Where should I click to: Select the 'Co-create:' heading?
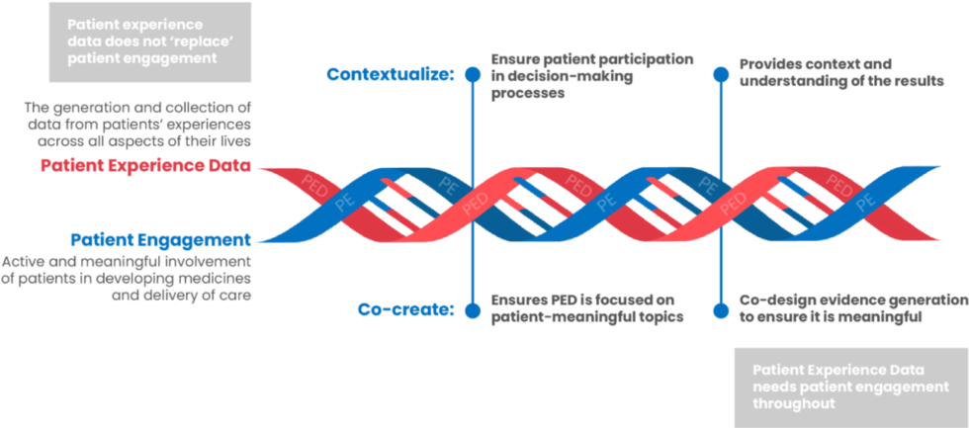[x=405, y=309]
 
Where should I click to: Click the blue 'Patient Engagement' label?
[x=161, y=238]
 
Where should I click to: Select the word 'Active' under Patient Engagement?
[x=25, y=262]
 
